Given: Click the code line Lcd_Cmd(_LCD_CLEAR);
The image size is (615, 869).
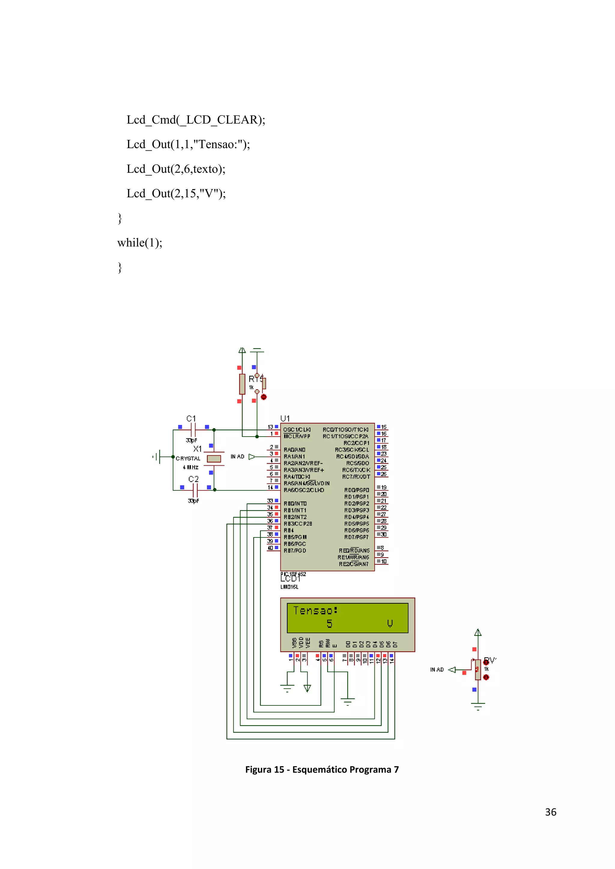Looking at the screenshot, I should point(196,120).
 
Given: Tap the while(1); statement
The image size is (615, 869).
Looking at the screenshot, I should point(140,243).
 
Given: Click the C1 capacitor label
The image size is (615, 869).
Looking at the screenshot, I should point(191,419).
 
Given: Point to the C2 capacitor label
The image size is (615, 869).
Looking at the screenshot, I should point(193,479).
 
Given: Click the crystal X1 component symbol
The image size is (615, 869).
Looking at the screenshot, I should point(214,459).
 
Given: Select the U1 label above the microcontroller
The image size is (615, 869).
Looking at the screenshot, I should point(285,418).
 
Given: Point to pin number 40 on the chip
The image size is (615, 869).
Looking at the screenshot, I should point(270,548).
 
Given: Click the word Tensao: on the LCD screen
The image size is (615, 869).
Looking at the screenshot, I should point(315,611).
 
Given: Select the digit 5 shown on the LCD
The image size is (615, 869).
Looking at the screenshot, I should point(329,624).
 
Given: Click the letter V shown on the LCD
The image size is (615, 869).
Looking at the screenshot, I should point(390,624).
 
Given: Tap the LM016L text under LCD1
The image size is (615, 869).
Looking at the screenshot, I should point(289,587).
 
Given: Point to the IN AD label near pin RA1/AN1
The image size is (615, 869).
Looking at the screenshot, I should point(238,457).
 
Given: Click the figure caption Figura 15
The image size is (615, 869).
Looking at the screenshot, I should point(322,769).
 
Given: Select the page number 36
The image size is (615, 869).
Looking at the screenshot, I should point(551,812).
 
